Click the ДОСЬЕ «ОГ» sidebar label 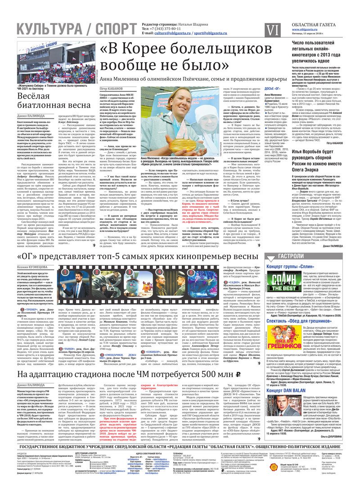(x=274, y=89)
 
